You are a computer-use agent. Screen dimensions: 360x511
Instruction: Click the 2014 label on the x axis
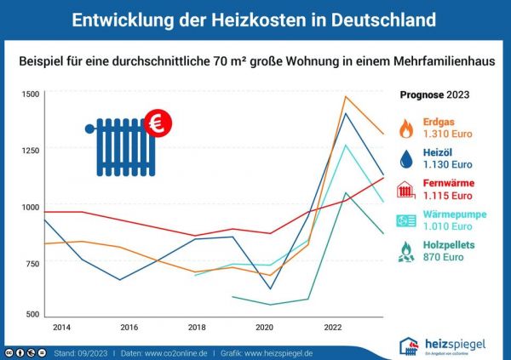click(x=62, y=327)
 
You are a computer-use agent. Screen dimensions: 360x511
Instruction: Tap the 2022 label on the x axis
click(x=332, y=327)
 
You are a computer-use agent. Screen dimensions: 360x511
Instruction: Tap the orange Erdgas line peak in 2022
click(x=345, y=96)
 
